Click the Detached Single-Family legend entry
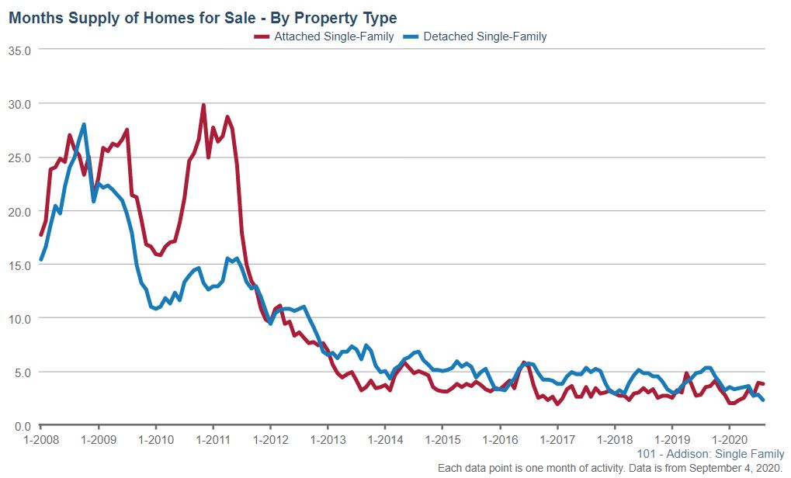tap(485, 36)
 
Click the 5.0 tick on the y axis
tap(22, 372)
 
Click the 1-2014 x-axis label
tap(385, 438)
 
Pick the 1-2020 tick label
tap(730, 438)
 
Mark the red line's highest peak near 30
tap(203, 105)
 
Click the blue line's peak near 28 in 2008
tap(84, 124)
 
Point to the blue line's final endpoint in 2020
tap(764, 400)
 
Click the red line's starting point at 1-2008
tap(41, 234)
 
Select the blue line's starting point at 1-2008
tap(41, 259)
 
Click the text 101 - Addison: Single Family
tap(709, 454)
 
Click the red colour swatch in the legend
tap(262, 36)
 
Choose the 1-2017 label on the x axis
tap(557, 438)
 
